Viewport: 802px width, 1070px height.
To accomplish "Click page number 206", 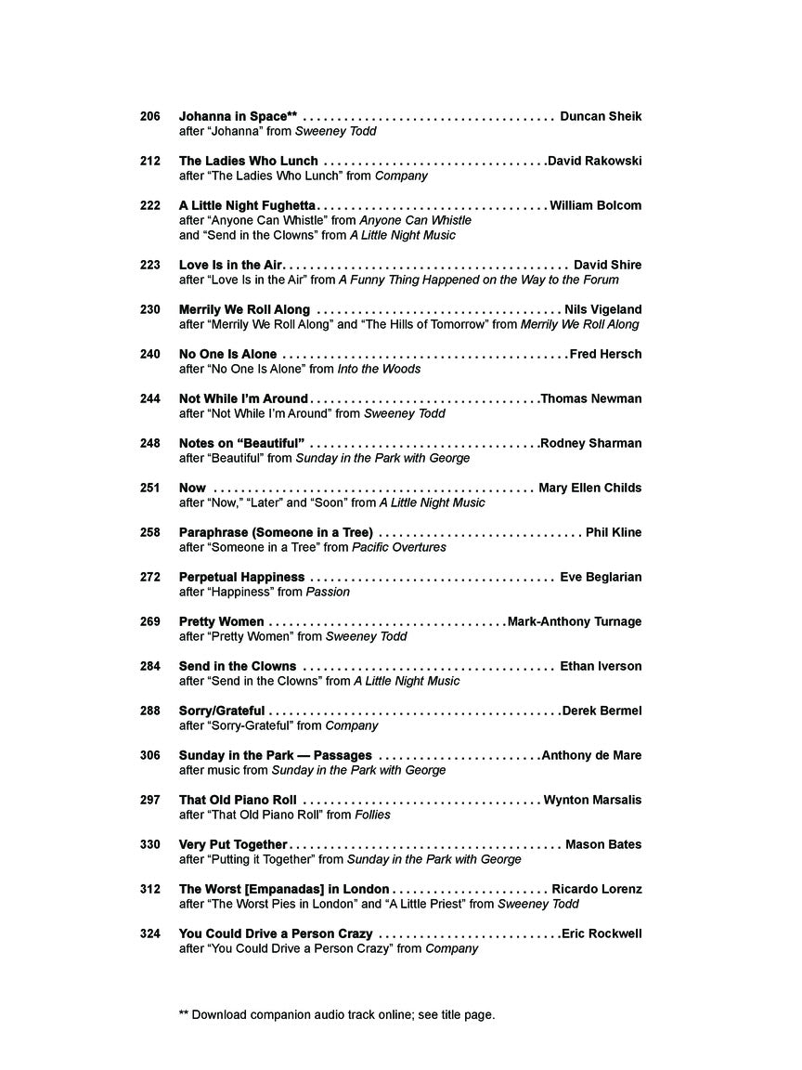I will [x=150, y=116].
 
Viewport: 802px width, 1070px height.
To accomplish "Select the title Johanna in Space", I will [x=238, y=116].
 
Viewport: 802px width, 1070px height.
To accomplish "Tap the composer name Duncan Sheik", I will [x=601, y=116].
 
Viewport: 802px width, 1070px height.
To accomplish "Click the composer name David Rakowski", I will [x=594, y=161].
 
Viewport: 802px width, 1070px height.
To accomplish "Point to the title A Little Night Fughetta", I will [x=248, y=205].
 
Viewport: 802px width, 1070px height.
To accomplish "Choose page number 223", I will [x=150, y=265].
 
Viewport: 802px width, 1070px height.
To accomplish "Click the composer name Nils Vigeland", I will [x=602, y=309].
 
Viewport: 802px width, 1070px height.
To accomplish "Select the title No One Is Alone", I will [x=227, y=354].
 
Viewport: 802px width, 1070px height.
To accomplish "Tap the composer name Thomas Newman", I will [x=590, y=398].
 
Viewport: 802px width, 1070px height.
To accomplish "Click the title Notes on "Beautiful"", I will [x=241, y=443].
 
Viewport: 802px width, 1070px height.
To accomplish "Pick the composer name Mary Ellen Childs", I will [x=589, y=488].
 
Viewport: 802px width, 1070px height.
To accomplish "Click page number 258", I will [x=150, y=532].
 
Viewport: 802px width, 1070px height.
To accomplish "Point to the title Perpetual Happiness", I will [x=241, y=577].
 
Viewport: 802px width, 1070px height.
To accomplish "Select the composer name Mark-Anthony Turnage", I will [x=574, y=621].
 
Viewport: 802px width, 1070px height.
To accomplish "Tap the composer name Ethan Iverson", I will [x=601, y=666].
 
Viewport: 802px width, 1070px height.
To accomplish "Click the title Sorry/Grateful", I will [x=222, y=711].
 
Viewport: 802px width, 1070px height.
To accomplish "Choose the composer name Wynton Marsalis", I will [x=592, y=800].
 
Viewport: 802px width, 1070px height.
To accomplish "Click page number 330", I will [x=150, y=844].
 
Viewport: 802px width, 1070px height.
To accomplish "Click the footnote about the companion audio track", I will [x=337, y=1014].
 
